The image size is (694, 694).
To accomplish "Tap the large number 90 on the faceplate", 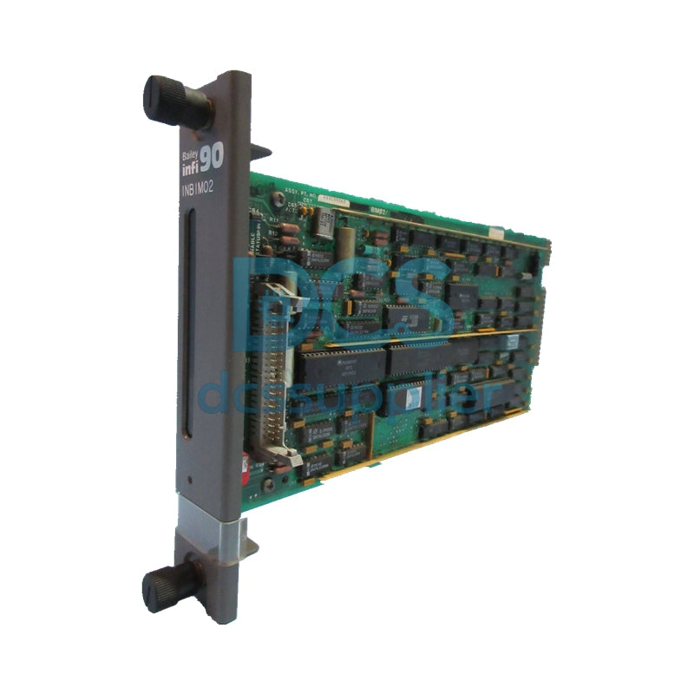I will point(211,156).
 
